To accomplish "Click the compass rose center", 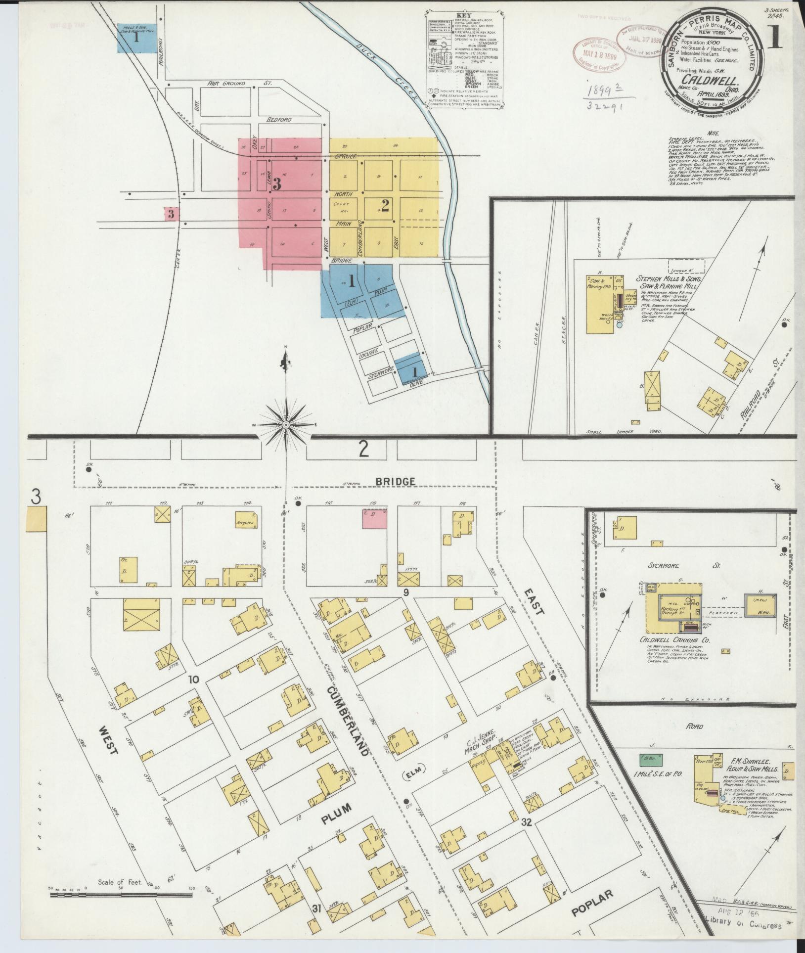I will (286, 425).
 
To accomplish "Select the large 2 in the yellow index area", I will (385, 205).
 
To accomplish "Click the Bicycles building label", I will (245, 522).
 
